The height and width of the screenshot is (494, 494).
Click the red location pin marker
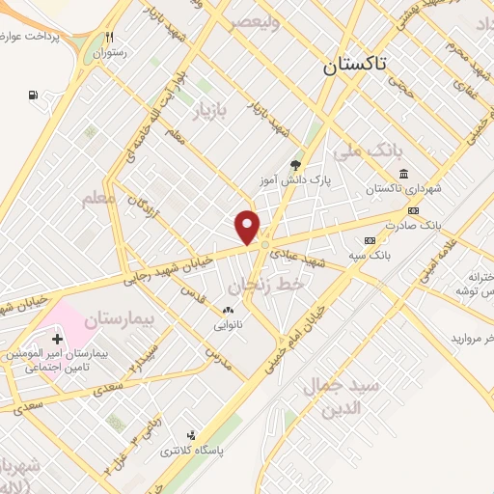coord(248,227)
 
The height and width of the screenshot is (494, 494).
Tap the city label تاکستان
coord(354,65)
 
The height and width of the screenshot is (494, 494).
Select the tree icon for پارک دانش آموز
coord(295,165)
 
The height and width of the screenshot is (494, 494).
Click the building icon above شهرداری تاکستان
coord(401,174)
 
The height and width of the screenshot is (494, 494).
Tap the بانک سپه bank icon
coord(369,240)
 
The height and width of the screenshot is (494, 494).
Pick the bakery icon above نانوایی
coord(228,311)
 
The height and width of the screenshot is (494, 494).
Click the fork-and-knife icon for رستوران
coord(110,39)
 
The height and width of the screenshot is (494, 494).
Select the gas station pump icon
coord(35,96)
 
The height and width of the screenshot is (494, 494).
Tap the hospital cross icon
coord(58,339)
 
